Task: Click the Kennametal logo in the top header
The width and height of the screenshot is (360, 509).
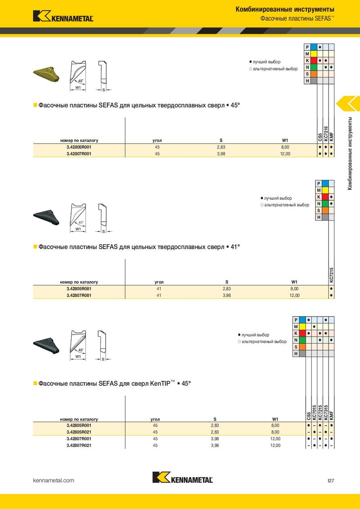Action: tap(63, 16)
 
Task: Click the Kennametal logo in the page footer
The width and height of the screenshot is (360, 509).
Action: tap(182, 478)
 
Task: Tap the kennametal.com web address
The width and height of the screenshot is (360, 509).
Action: tap(54, 481)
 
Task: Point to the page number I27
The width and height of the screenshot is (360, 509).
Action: tap(331, 481)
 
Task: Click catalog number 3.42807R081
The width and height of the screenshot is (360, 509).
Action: tap(79, 295)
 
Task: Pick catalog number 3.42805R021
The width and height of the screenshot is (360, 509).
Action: tap(79, 432)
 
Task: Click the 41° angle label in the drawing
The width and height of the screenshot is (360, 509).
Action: tap(81, 223)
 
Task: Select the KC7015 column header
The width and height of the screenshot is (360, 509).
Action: tap(314, 413)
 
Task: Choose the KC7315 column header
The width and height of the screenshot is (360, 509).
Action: tap(325, 413)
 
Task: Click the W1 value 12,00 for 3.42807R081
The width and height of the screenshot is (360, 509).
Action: tap(294, 295)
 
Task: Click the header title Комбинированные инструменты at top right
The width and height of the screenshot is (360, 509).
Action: tap(285, 9)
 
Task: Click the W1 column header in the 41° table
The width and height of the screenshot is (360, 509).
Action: tap(294, 282)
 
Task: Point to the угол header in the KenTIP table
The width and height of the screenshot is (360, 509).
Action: tap(155, 419)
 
